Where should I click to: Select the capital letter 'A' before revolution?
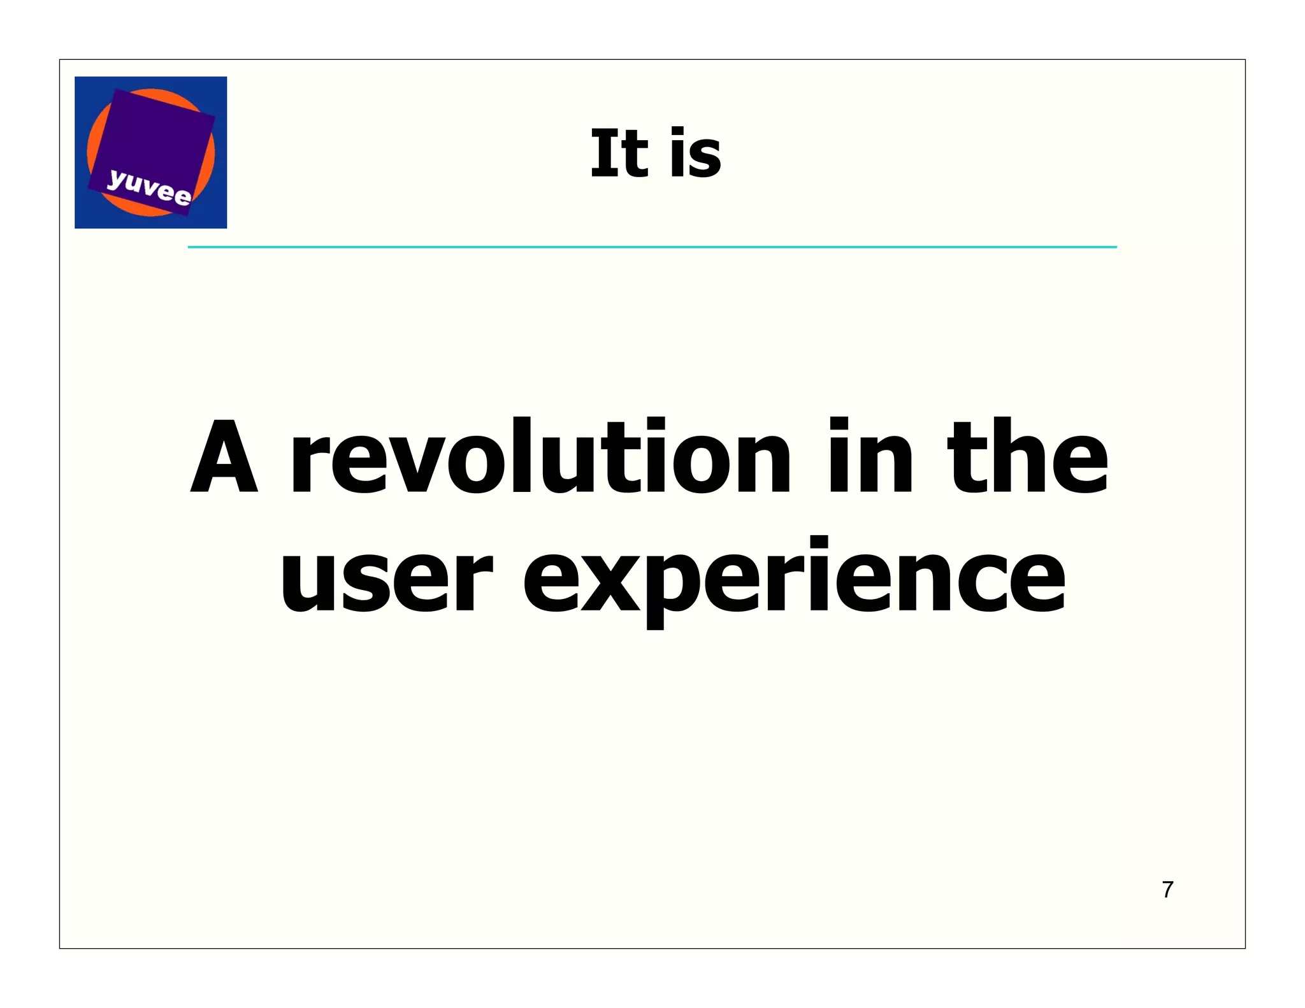point(224,456)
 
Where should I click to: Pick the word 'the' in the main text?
point(1027,456)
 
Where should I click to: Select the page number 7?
point(1167,889)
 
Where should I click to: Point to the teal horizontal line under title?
point(652,247)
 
